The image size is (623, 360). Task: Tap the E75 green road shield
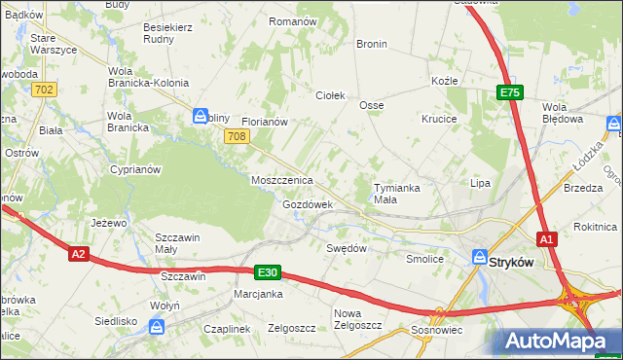click(510, 92)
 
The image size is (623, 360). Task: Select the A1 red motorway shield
click(548, 238)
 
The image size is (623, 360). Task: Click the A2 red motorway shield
click(80, 254)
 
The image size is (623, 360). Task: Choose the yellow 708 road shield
click(235, 137)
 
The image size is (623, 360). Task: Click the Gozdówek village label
click(308, 205)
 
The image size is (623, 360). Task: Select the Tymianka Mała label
click(399, 194)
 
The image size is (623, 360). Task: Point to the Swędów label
click(347, 248)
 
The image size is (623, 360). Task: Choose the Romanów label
click(293, 20)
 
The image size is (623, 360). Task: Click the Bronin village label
click(372, 44)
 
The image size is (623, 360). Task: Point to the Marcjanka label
click(258, 293)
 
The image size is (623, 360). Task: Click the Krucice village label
click(440, 119)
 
